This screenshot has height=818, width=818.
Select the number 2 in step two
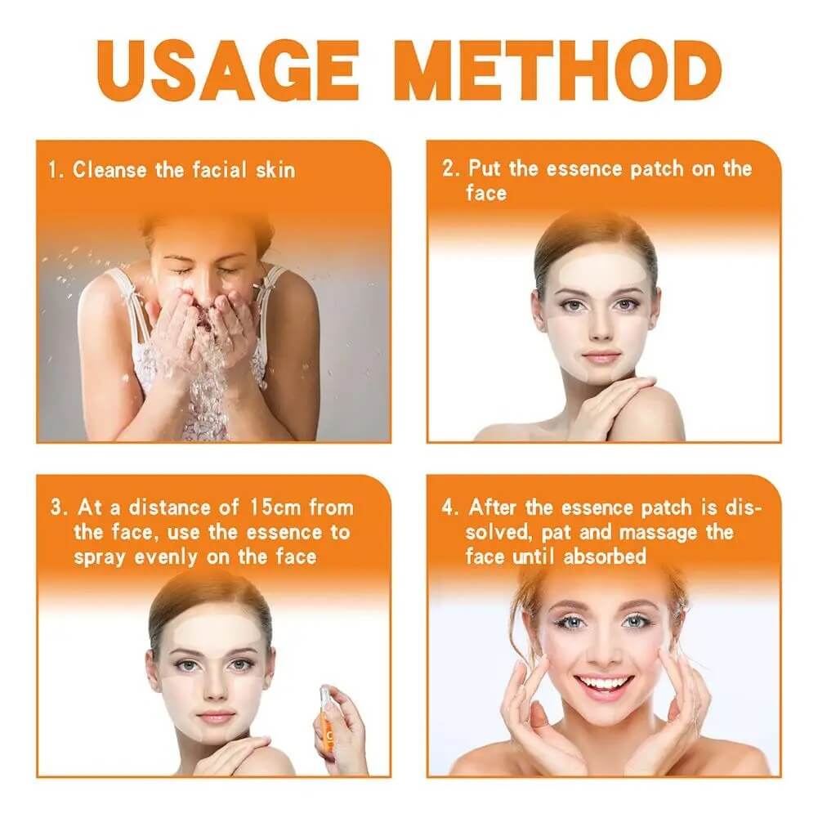449,169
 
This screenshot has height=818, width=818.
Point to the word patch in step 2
655,169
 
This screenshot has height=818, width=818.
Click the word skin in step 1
275,170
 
